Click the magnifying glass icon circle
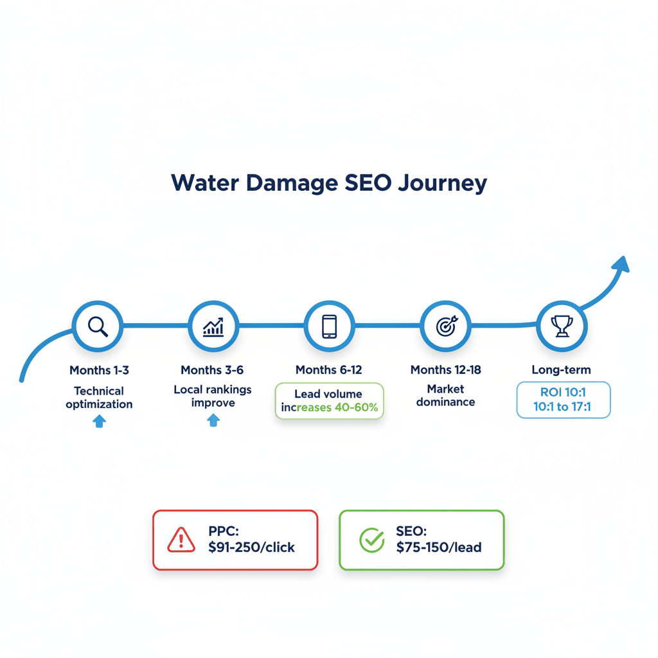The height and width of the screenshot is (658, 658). pos(98,326)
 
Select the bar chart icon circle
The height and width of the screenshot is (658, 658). pos(213,326)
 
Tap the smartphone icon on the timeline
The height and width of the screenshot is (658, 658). pos(329,326)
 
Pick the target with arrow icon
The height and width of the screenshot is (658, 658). pos(445,326)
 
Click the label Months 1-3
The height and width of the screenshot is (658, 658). pos(99,370)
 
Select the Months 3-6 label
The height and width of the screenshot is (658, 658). pos(212,370)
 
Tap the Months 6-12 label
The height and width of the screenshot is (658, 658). pos(328,370)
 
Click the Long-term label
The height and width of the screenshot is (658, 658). pos(561,370)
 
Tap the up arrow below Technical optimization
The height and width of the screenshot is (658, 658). pos(99,422)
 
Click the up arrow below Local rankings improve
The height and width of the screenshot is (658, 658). pos(213,420)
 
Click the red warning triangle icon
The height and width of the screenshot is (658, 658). pos(181,540)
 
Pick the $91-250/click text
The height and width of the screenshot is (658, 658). pos(251,547)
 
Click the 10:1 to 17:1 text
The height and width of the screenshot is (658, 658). pos(563,407)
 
